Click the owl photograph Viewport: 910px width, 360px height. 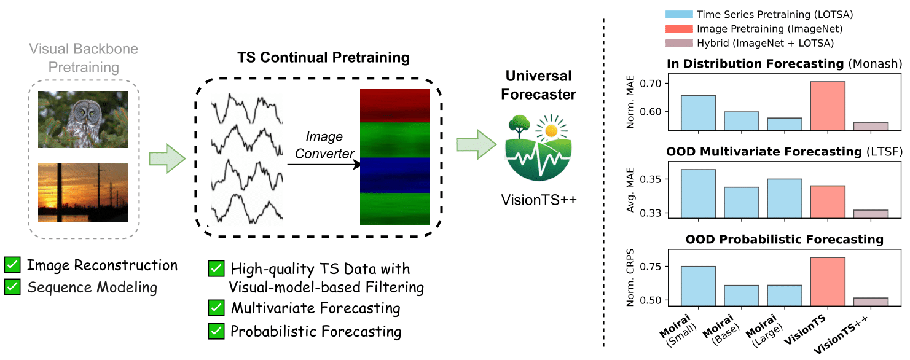click(83, 119)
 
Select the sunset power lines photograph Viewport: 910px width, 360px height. click(83, 192)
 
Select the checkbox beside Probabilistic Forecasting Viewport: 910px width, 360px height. click(216, 331)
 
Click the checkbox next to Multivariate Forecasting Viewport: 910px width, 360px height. click(216, 308)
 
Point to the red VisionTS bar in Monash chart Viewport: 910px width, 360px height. click(828, 106)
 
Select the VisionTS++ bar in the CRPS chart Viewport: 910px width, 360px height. click(871, 301)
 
